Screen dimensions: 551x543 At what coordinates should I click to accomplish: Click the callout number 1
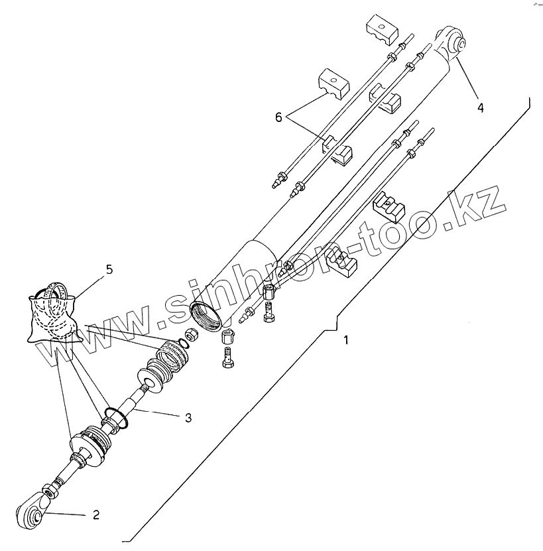345,341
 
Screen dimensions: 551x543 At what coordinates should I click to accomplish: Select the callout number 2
96,515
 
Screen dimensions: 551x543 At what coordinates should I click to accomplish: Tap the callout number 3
188,418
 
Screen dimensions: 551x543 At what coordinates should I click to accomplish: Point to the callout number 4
480,105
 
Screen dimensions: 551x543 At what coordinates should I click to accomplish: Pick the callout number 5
109,269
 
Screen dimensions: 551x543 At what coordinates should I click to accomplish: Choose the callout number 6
279,117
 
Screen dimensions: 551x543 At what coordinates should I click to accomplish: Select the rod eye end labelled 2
30,511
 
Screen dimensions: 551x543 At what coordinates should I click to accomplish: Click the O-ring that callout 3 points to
117,418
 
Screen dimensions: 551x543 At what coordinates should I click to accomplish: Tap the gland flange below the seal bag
92,443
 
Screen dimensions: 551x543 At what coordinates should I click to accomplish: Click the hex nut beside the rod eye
48,491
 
